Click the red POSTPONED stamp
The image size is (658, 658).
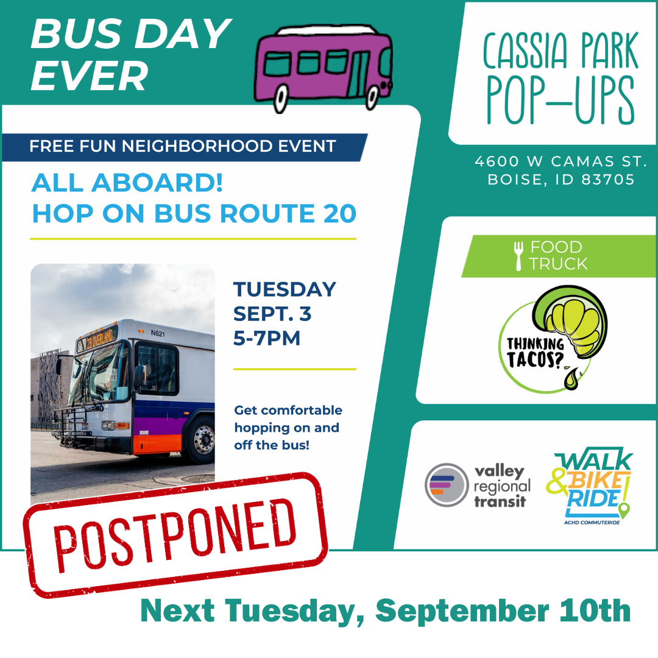pos(175,535)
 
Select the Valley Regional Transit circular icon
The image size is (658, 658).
pos(447,485)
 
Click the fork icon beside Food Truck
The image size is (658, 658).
pos(518,256)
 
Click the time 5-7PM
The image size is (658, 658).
pos(266,338)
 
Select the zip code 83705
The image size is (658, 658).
pos(608,180)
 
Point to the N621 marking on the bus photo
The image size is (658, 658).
pos(158,334)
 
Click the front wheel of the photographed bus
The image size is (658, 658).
pos(203,440)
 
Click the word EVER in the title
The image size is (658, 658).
pos(90,76)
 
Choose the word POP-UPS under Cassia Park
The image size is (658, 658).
pos(561,101)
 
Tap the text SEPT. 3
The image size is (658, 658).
pos(272,314)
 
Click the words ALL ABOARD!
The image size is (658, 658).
pos(127,183)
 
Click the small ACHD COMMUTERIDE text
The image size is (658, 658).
pos(592,523)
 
